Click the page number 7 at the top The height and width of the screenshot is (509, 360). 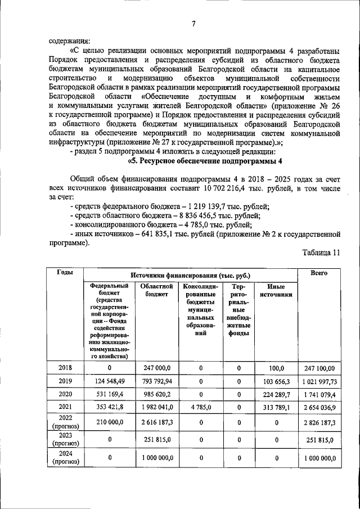(193, 23)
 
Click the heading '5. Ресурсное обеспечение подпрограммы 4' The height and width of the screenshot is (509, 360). (205, 161)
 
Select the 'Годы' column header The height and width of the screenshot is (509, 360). (65, 272)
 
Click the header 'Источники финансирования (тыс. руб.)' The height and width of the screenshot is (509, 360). (190, 276)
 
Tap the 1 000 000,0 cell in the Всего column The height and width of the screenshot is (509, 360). (319, 458)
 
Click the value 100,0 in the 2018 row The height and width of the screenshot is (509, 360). (277, 367)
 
